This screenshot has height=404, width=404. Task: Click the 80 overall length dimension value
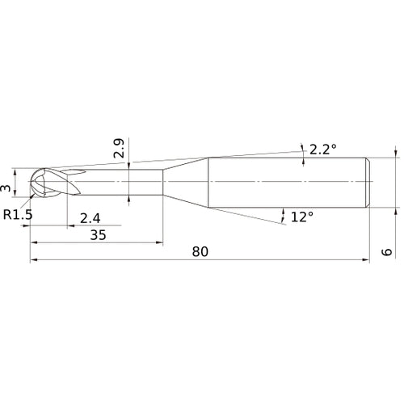(x=200, y=251)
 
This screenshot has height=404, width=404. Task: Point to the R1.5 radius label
(x=17, y=214)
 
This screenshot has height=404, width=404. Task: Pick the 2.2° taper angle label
(x=324, y=149)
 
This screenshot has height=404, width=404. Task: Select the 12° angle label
(x=301, y=217)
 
